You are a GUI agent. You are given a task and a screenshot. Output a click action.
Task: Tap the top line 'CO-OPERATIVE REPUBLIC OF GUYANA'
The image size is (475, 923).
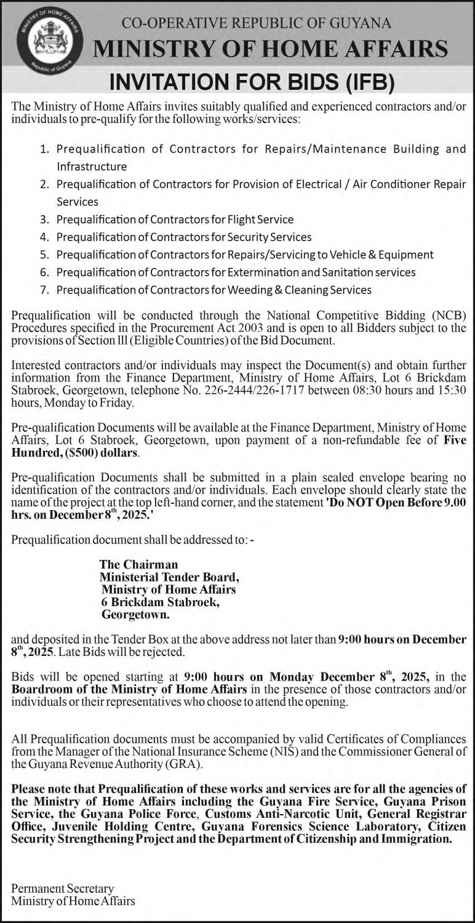click(x=257, y=23)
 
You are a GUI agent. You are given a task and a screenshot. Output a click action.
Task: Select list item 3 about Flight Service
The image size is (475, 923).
click(x=175, y=219)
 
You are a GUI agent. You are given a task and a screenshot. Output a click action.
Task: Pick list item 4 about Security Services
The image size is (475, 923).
click(x=184, y=237)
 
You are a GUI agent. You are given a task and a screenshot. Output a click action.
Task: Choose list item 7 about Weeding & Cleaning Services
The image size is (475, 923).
click(x=214, y=289)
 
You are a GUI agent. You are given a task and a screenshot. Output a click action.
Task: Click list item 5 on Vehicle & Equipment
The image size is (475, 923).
click(x=245, y=254)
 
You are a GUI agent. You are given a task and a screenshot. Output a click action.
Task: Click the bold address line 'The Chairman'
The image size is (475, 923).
click(x=138, y=564)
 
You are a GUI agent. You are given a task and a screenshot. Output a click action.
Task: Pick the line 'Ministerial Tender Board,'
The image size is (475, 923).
click(x=169, y=577)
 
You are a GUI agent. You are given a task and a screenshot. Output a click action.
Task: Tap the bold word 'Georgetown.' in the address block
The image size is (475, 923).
click(x=135, y=613)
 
